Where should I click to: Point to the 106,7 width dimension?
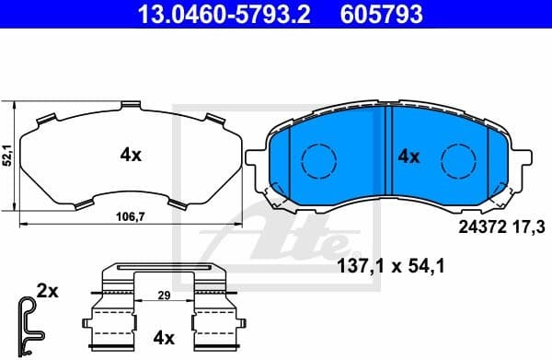[x=129, y=217]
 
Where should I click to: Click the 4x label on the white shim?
[x=131, y=156]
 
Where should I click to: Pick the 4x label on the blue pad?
[x=408, y=157]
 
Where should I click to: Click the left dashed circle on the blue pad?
[x=318, y=160]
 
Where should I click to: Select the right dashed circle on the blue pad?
[x=456, y=160]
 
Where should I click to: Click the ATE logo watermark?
[x=276, y=230]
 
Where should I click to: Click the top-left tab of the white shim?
[x=43, y=118]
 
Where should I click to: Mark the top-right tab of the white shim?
[x=214, y=118]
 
